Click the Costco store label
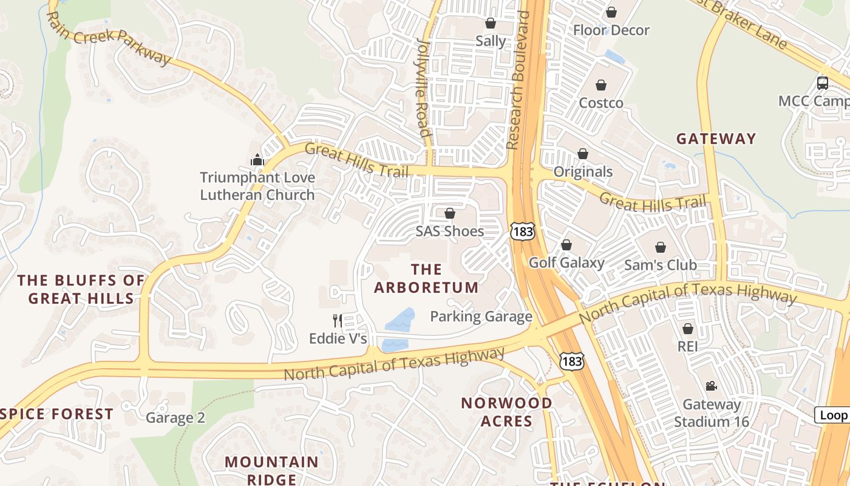click(601, 103)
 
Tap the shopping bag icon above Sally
click(490, 23)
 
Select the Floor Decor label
click(611, 30)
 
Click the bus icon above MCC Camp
click(823, 83)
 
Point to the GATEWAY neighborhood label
click(716, 139)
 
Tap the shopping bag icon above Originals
click(583, 154)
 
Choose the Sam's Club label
click(661, 265)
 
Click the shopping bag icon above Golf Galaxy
click(566, 245)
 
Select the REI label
click(688, 346)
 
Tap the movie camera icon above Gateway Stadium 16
click(711, 386)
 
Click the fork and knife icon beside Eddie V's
click(338, 320)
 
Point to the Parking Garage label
click(481, 317)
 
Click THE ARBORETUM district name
click(426, 278)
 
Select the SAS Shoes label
click(450, 231)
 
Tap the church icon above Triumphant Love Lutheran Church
click(257, 160)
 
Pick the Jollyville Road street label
click(423, 88)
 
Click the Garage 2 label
click(175, 417)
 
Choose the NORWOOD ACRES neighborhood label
click(506, 412)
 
